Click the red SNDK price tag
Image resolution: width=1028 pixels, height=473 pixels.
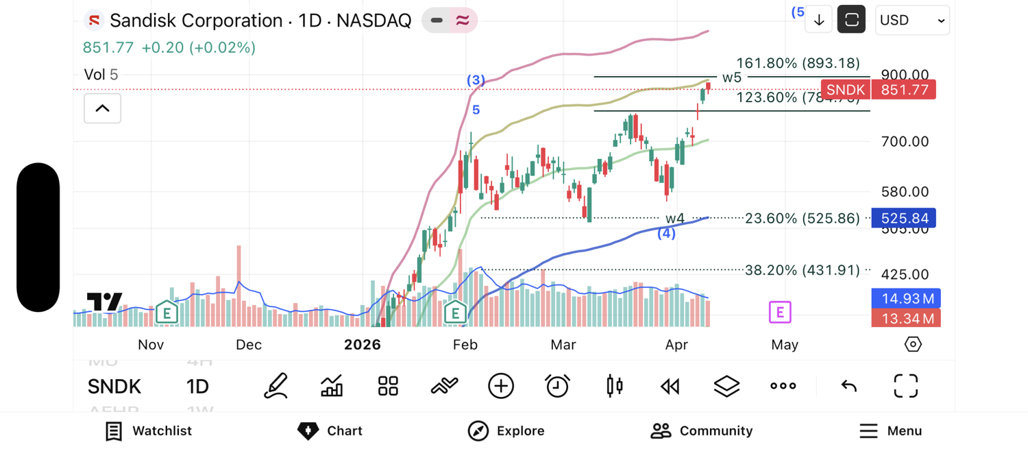pos(845,90)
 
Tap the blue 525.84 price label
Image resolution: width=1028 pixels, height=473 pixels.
pos(904,218)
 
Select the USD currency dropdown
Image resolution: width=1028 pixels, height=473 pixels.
pos(911,21)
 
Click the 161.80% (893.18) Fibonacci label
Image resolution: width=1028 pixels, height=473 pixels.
pos(798,63)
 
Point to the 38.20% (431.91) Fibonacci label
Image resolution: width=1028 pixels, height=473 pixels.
pos(802,270)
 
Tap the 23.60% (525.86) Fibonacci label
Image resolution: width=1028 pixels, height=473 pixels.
pos(802,218)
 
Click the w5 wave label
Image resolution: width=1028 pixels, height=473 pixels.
pos(732,77)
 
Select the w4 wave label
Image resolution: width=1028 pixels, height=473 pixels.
pos(675,218)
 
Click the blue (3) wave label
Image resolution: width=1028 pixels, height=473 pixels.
pos(476,80)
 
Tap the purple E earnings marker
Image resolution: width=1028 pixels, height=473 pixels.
pos(780,312)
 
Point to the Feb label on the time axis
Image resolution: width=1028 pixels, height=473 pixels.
pos(465,344)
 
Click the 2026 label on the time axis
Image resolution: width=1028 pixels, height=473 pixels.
pos(362,344)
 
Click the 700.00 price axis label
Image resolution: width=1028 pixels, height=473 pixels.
pos(905,141)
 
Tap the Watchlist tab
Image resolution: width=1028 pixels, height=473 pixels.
pos(149,430)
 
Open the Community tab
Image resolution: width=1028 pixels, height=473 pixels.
pos(701,430)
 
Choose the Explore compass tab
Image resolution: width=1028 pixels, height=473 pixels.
pos(506,430)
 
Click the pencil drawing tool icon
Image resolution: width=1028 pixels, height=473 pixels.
pos(276,386)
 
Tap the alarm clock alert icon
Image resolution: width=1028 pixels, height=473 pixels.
pos(557,386)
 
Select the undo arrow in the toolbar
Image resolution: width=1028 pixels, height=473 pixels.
pos(848,386)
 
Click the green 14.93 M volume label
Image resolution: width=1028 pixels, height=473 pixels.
pos(905,298)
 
